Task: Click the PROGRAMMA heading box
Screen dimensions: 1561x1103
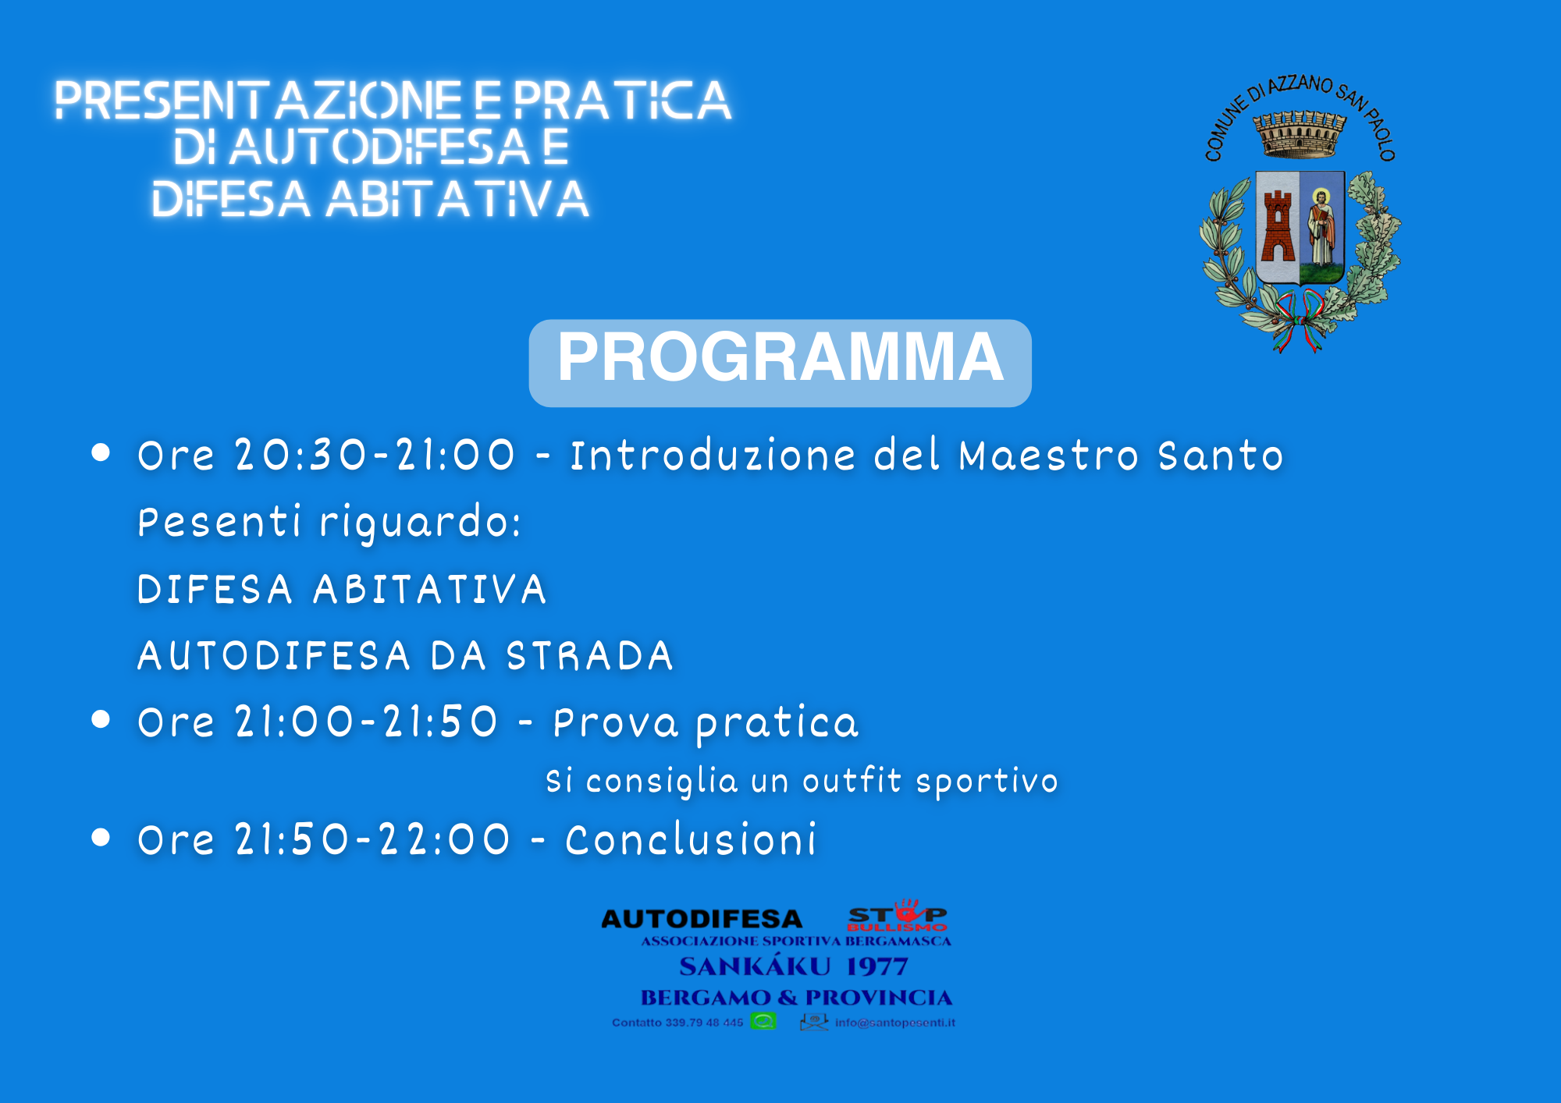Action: pyautogui.click(x=780, y=363)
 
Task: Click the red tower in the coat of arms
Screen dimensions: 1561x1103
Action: pyautogui.click(x=1278, y=226)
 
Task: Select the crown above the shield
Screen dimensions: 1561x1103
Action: pyautogui.click(x=1300, y=133)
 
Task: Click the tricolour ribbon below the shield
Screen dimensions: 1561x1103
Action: pyautogui.click(x=1299, y=320)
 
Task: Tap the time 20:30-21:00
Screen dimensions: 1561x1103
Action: pyautogui.click(x=375, y=455)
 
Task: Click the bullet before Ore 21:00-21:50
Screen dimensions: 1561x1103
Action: pyautogui.click(x=101, y=719)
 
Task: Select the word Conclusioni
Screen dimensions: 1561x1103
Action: pyautogui.click(x=691, y=839)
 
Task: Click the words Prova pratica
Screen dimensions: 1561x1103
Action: pyautogui.click(x=706, y=723)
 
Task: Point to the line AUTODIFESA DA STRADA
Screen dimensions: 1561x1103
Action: pyautogui.click(x=405, y=655)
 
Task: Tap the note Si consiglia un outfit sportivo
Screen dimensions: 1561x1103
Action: pyautogui.click(x=802, y=781)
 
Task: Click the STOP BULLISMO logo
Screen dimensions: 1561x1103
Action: pyautogui.click(x=898, y=915)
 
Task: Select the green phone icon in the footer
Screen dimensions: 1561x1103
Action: pyautogui.click(x=763, y=1021)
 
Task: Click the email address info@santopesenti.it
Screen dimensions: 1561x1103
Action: pyautogui.click(x=895, y=1023)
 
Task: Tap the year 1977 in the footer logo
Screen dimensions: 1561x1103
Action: pyautogui.click(x=877, y=967)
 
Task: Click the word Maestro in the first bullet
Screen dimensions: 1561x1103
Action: pyautogui.click(x=1048, y=455)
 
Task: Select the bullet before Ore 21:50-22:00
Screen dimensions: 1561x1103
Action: pyautogui.click(x=101, y=837)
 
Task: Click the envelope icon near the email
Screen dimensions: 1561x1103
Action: pyautogui.click(x=814, y=1022)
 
